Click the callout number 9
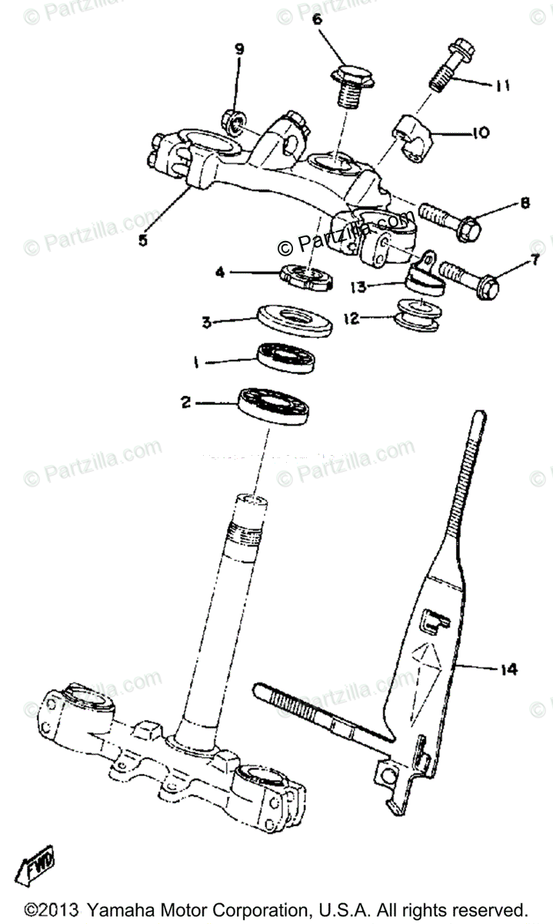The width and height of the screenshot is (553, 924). [239, 49]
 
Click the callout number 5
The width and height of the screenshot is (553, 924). [143, 239]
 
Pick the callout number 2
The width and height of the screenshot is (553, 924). [185, 401]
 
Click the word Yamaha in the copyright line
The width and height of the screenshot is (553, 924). [124, 909]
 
